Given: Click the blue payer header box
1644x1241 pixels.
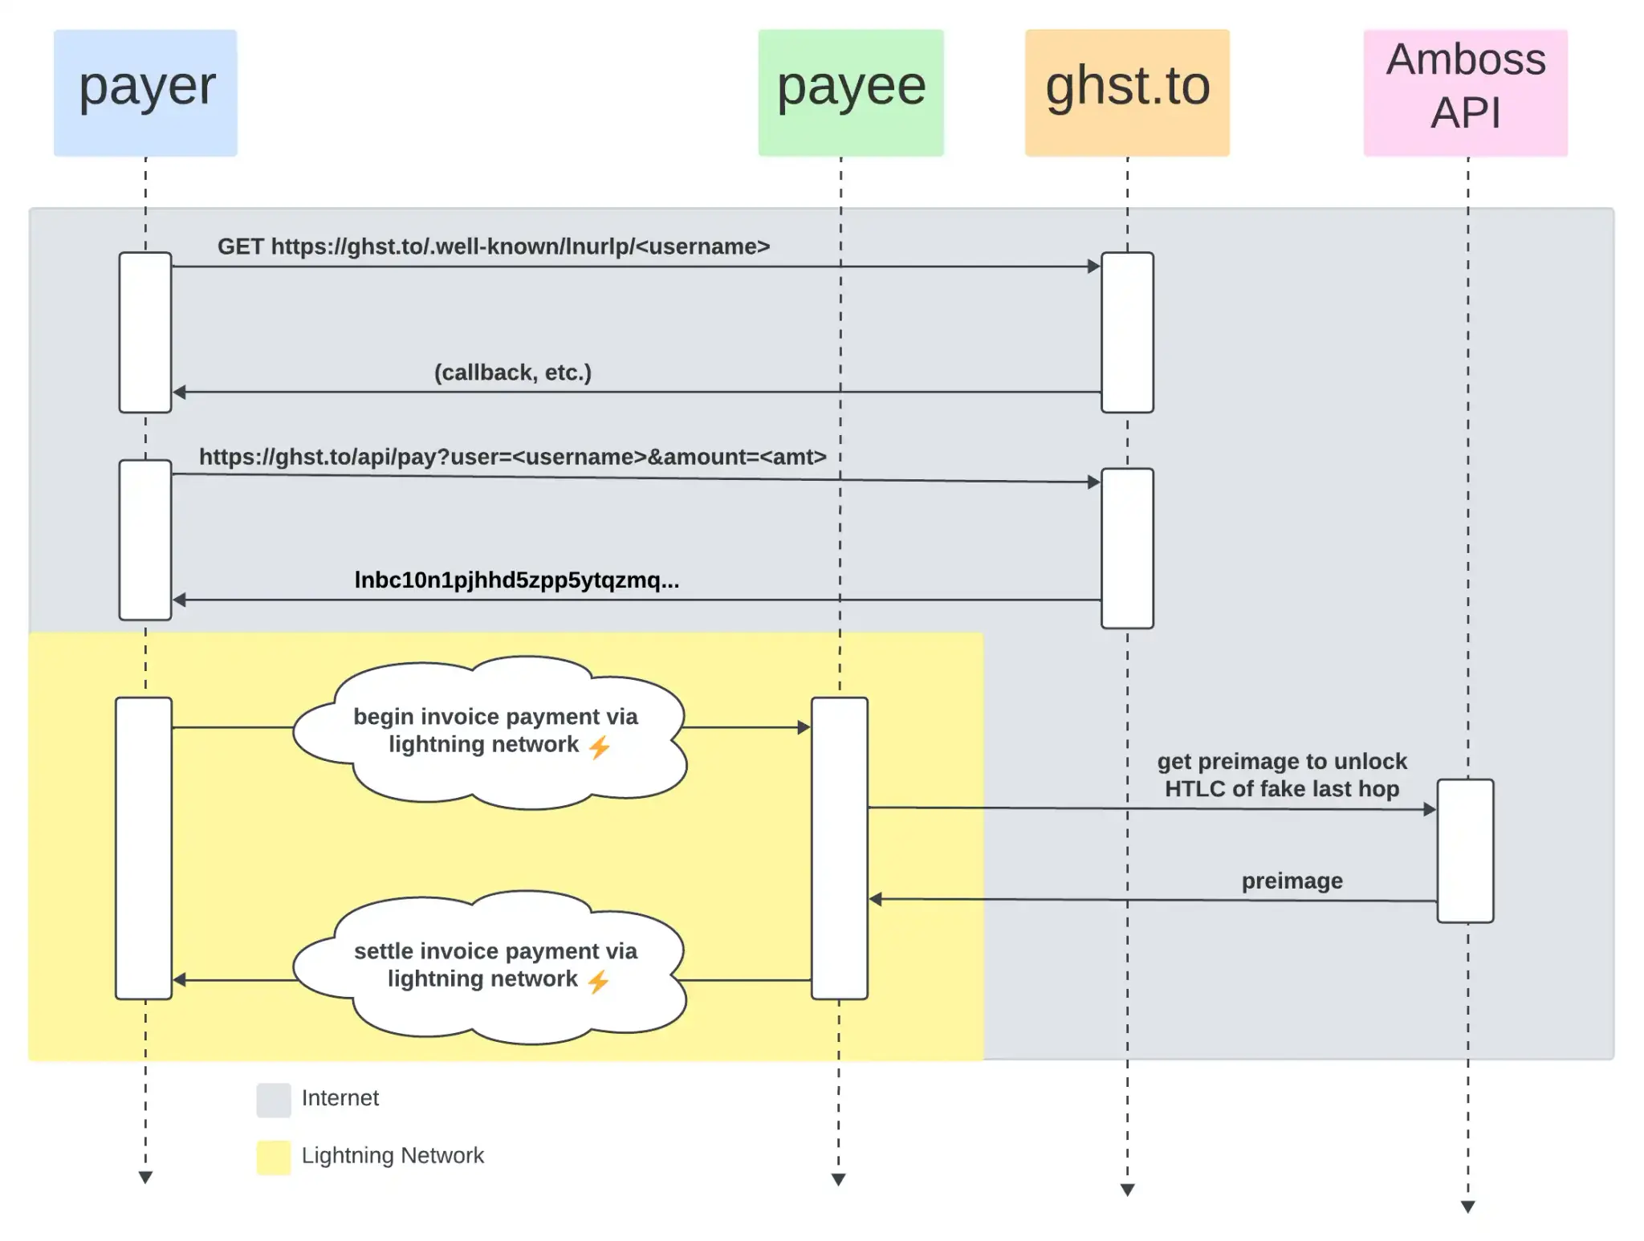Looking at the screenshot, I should [x=145, y=92].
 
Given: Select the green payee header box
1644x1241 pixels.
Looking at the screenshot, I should [x=850, y=92].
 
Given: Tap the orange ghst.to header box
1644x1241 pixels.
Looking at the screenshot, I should [x=1126, y=92].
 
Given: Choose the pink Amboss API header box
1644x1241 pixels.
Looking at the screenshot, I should [x=1465, y=92].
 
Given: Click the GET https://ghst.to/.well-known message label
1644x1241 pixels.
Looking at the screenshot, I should [x=493, y=246].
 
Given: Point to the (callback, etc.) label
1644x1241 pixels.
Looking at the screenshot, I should [x=512, y=372].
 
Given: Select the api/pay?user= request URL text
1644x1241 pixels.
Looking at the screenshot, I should [x=512, y=457].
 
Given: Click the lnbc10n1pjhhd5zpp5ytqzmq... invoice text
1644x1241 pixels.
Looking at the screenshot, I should [x=516, y=580].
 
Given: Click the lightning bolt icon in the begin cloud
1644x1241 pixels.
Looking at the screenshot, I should [x=600, y=747].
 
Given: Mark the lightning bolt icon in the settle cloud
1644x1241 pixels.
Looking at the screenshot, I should [x=598, y=982].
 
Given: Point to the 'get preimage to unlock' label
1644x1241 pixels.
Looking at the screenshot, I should [x=1281, y=775].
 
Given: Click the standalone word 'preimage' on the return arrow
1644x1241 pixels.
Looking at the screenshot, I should [x=1292, y=881].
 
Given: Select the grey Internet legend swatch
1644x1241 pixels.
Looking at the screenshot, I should [x=273, y=1100].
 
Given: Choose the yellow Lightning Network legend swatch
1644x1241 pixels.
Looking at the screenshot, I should [x=273, y=1158].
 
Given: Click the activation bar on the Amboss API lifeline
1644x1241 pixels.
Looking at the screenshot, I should [x=1465, y=851].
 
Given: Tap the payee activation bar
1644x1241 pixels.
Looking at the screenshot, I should [x=839, y=848].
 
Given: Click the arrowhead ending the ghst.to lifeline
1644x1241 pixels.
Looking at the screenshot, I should [x=1127, y=1190].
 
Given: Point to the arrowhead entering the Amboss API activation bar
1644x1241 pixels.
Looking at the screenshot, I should [x=1430, y=809].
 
